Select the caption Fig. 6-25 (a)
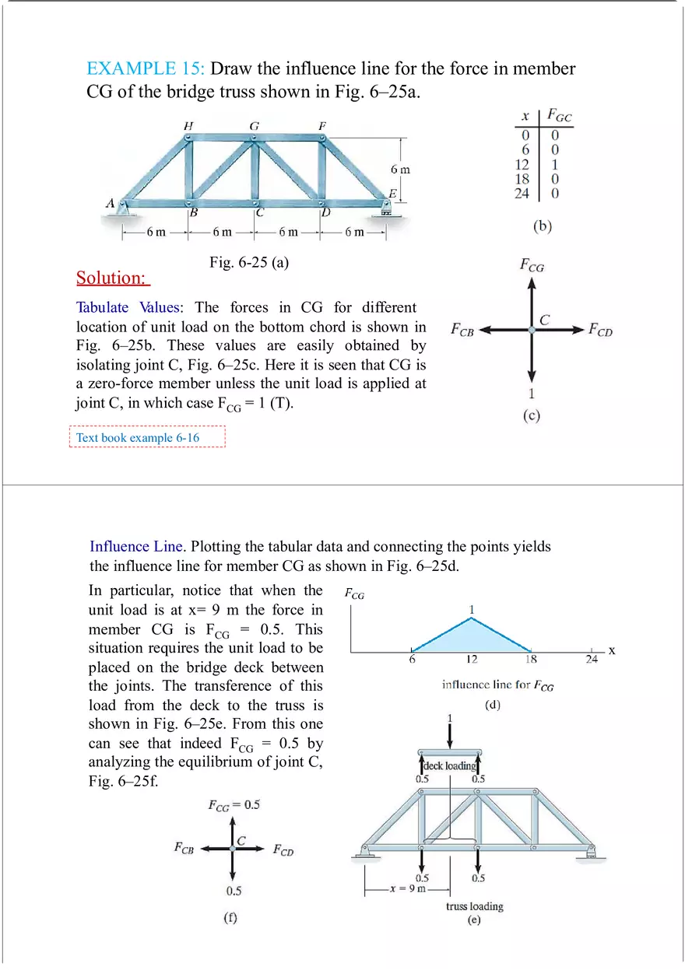click(x=249, y=262)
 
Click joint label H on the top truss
click(x=188, y=125)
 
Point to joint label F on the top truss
click(x=322, y=125)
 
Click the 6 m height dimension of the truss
click(x=400, y=169)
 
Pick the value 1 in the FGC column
click(x=554, y=164)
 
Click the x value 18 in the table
click(x=522, y=178)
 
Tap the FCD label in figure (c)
click(x=600, y=330)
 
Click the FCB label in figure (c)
click(x=462, y=330)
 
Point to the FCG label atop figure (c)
click(x=532, y=265)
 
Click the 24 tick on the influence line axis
click(x=592, y=660)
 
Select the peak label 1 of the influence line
click(x=472, y=609)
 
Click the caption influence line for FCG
click(x=497, y=685)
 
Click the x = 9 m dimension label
click(x=408, y=888)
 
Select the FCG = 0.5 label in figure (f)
click(x=234, y=804)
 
